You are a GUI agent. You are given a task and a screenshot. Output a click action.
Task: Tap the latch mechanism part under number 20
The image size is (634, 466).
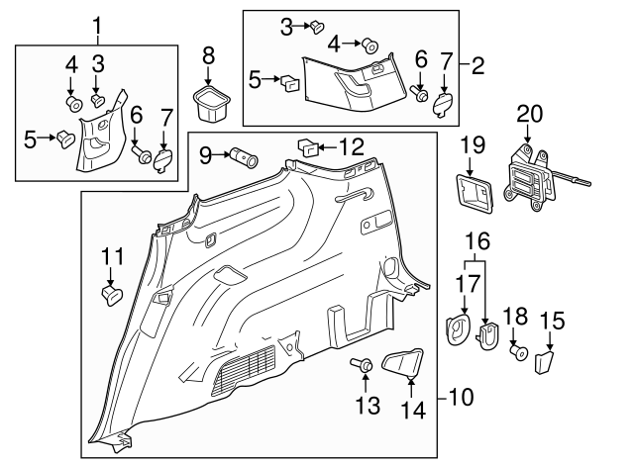tap(529, 178)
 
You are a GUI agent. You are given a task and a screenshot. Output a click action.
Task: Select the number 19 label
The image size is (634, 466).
tap(473, 145)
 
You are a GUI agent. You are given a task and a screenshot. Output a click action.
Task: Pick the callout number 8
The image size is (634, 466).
tap(208, 53)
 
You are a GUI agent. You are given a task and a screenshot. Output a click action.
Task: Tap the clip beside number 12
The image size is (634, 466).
tap(308, 148)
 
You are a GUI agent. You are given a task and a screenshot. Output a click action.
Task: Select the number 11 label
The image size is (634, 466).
tap(112, 260)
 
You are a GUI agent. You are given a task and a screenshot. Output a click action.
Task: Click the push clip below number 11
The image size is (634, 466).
tap(111, 292)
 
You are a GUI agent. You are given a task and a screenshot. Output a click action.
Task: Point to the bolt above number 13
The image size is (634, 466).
tap(364, 368)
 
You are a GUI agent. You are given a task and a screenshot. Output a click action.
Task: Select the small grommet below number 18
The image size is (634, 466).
tap(515, 350)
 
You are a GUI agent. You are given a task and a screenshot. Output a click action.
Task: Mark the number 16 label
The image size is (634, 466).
tap(478, 240)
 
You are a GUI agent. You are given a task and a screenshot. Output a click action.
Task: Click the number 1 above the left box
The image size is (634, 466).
tap(97, 24)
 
